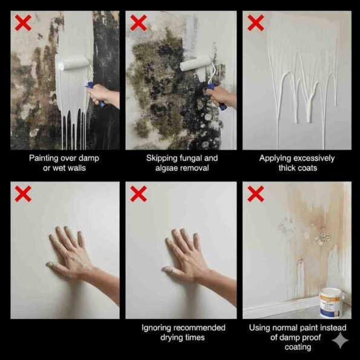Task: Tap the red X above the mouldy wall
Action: tap(139, 23)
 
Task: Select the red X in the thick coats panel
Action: tap(255, 23)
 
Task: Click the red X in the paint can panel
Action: tap(255, 194)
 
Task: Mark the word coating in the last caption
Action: tap(296, 347)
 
